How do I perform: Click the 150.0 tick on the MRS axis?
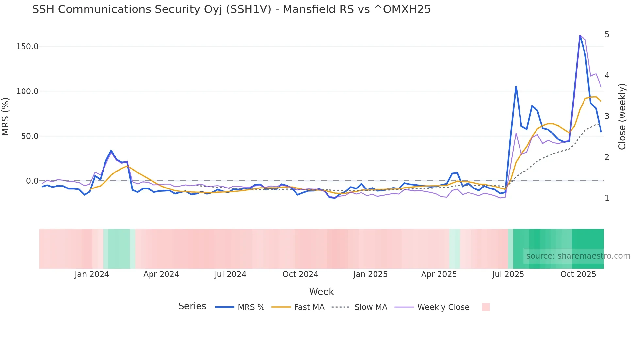[27, 47]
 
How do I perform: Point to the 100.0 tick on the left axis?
[27, 91]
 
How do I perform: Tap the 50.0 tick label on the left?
[29, 136]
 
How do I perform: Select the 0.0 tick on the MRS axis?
[32, 181]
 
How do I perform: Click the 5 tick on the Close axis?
[607, 35]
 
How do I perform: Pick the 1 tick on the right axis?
[607, 198]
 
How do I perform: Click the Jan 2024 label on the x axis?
[92, 274]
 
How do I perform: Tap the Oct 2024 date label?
[300, 274]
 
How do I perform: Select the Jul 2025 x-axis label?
[508, 274]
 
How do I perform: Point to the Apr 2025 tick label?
[439, 274]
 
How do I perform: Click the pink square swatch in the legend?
[486, 307]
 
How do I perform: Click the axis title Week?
[321, 292]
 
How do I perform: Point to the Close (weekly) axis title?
[622, 117]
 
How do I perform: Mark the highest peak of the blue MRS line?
[580, 36]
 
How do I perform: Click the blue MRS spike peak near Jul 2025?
[516, 87]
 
